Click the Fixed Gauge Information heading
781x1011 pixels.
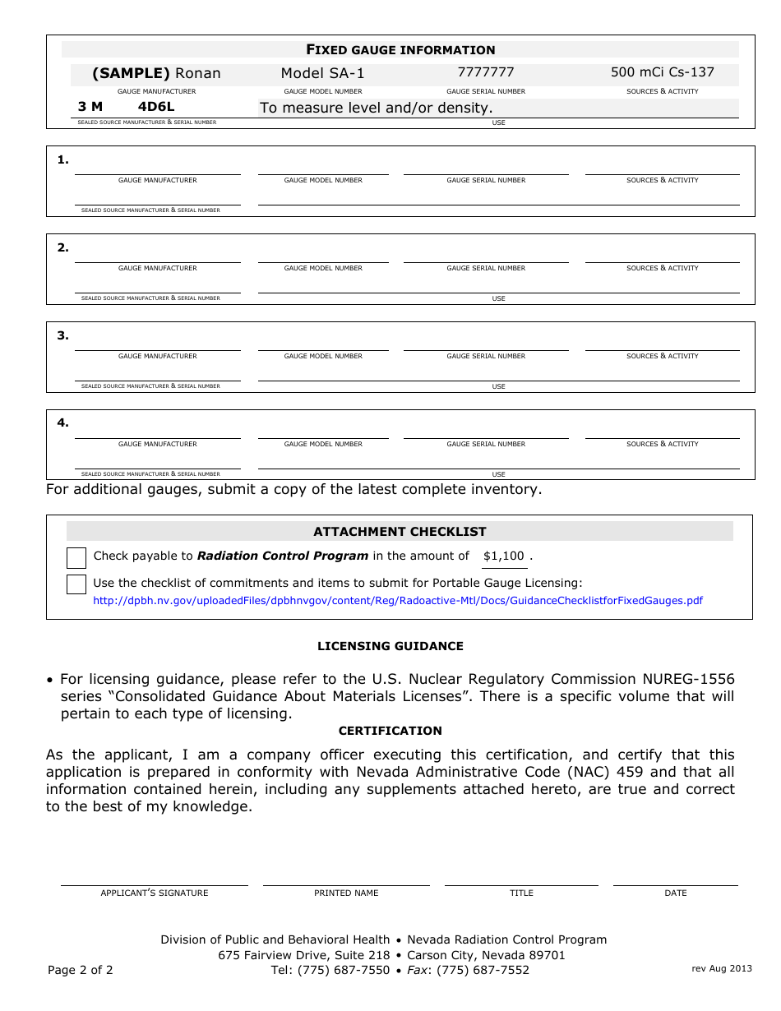[400, 49]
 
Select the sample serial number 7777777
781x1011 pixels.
[486, 72]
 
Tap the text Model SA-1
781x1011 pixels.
[322, 73]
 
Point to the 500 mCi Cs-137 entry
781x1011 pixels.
[662, 72]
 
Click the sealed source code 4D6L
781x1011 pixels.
[156, 107]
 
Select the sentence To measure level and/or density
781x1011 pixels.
[376, 108]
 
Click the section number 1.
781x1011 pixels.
[62, 159]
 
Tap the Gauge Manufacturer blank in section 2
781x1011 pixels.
[157, 254]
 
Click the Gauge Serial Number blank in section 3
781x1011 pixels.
[486, 342]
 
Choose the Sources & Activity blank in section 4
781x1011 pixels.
[662, 430]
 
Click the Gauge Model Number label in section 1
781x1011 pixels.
[323, 180]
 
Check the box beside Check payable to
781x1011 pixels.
[76, 558]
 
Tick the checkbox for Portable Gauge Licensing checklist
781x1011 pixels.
[76, 584]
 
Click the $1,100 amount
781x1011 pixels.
[503, 556]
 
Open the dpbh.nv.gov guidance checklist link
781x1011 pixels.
[398, 601]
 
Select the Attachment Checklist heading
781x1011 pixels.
[400, 532]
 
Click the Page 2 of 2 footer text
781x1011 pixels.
[81, 970]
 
